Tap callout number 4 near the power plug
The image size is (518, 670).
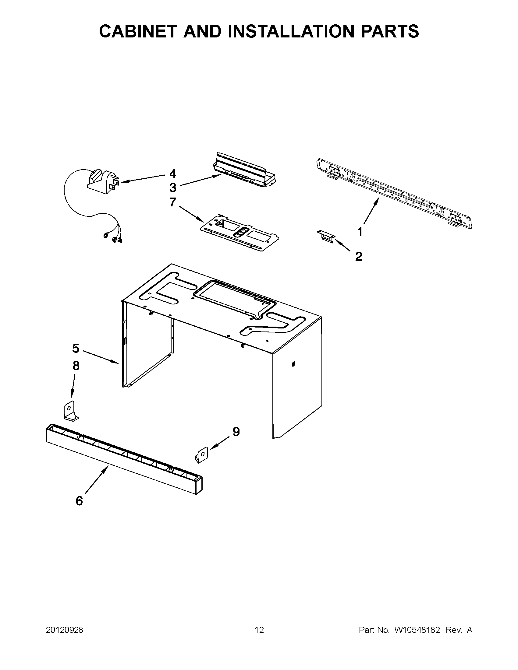click(173, 174)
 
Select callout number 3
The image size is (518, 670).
click(173, 187)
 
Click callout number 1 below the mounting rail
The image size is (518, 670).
click(360, 232)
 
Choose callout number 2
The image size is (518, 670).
click(359, 257)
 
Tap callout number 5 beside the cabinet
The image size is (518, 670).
click(76, 349)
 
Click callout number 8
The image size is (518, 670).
click(76, 366)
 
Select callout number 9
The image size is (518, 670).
click(236, 432)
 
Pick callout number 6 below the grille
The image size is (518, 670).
click(79, 501)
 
